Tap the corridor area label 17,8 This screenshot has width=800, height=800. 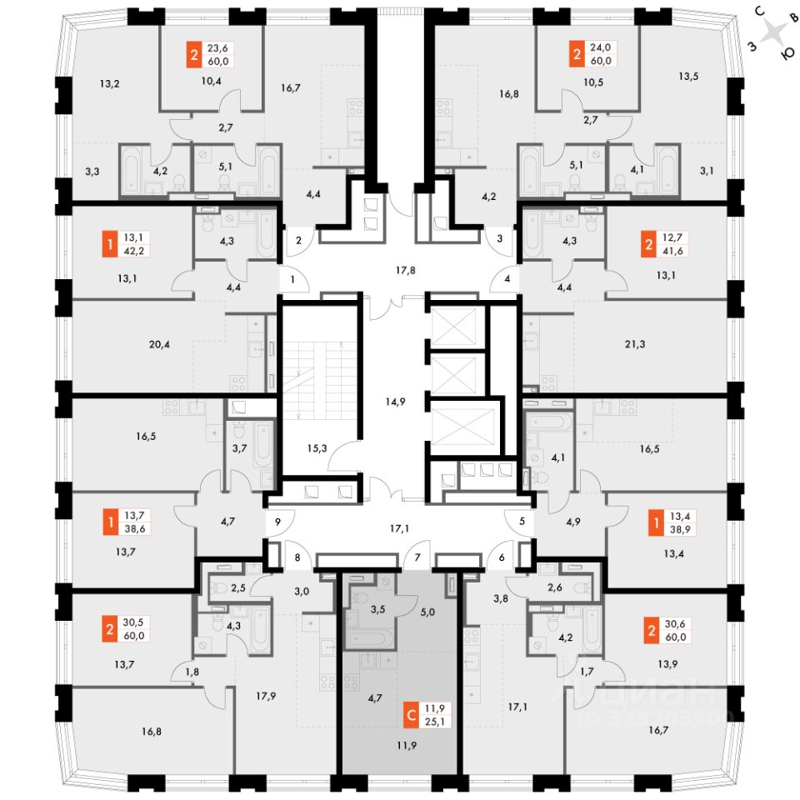405,269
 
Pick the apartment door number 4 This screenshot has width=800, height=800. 507,279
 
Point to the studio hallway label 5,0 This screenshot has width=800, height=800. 428,611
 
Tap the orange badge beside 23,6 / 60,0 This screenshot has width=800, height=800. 194,56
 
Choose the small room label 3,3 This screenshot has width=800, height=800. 92,172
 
